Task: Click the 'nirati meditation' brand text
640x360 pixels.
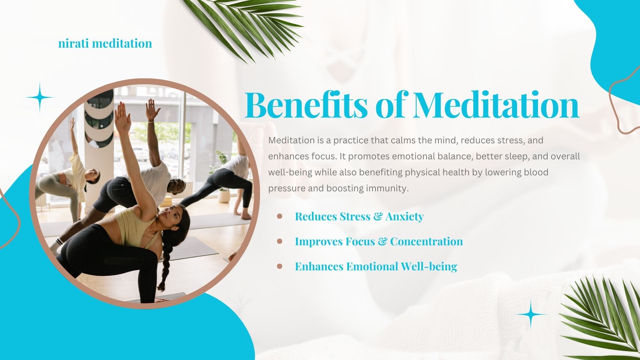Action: pyautogui.click(x=105, y=43)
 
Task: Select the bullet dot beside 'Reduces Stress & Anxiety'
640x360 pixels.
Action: pyautogui.click(x=280, y=216)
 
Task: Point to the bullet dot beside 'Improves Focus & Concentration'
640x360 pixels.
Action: pyautogui.click(x=280, y=241)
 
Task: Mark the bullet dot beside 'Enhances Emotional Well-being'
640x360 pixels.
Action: pyautogui.click(x=280, y=266)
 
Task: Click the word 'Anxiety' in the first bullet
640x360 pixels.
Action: pyautogui.click(x=404, y=217)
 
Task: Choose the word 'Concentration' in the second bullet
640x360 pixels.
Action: pyautogui.click(x=427, y=241)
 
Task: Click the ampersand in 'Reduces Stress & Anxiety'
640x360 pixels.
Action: pyautogui.click(x=378, y=217)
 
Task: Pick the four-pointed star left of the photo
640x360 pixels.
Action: pyautogui.click(x=40, y=97)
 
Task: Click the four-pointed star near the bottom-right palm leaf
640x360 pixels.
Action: pyautogui.click(x=530, y=314)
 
